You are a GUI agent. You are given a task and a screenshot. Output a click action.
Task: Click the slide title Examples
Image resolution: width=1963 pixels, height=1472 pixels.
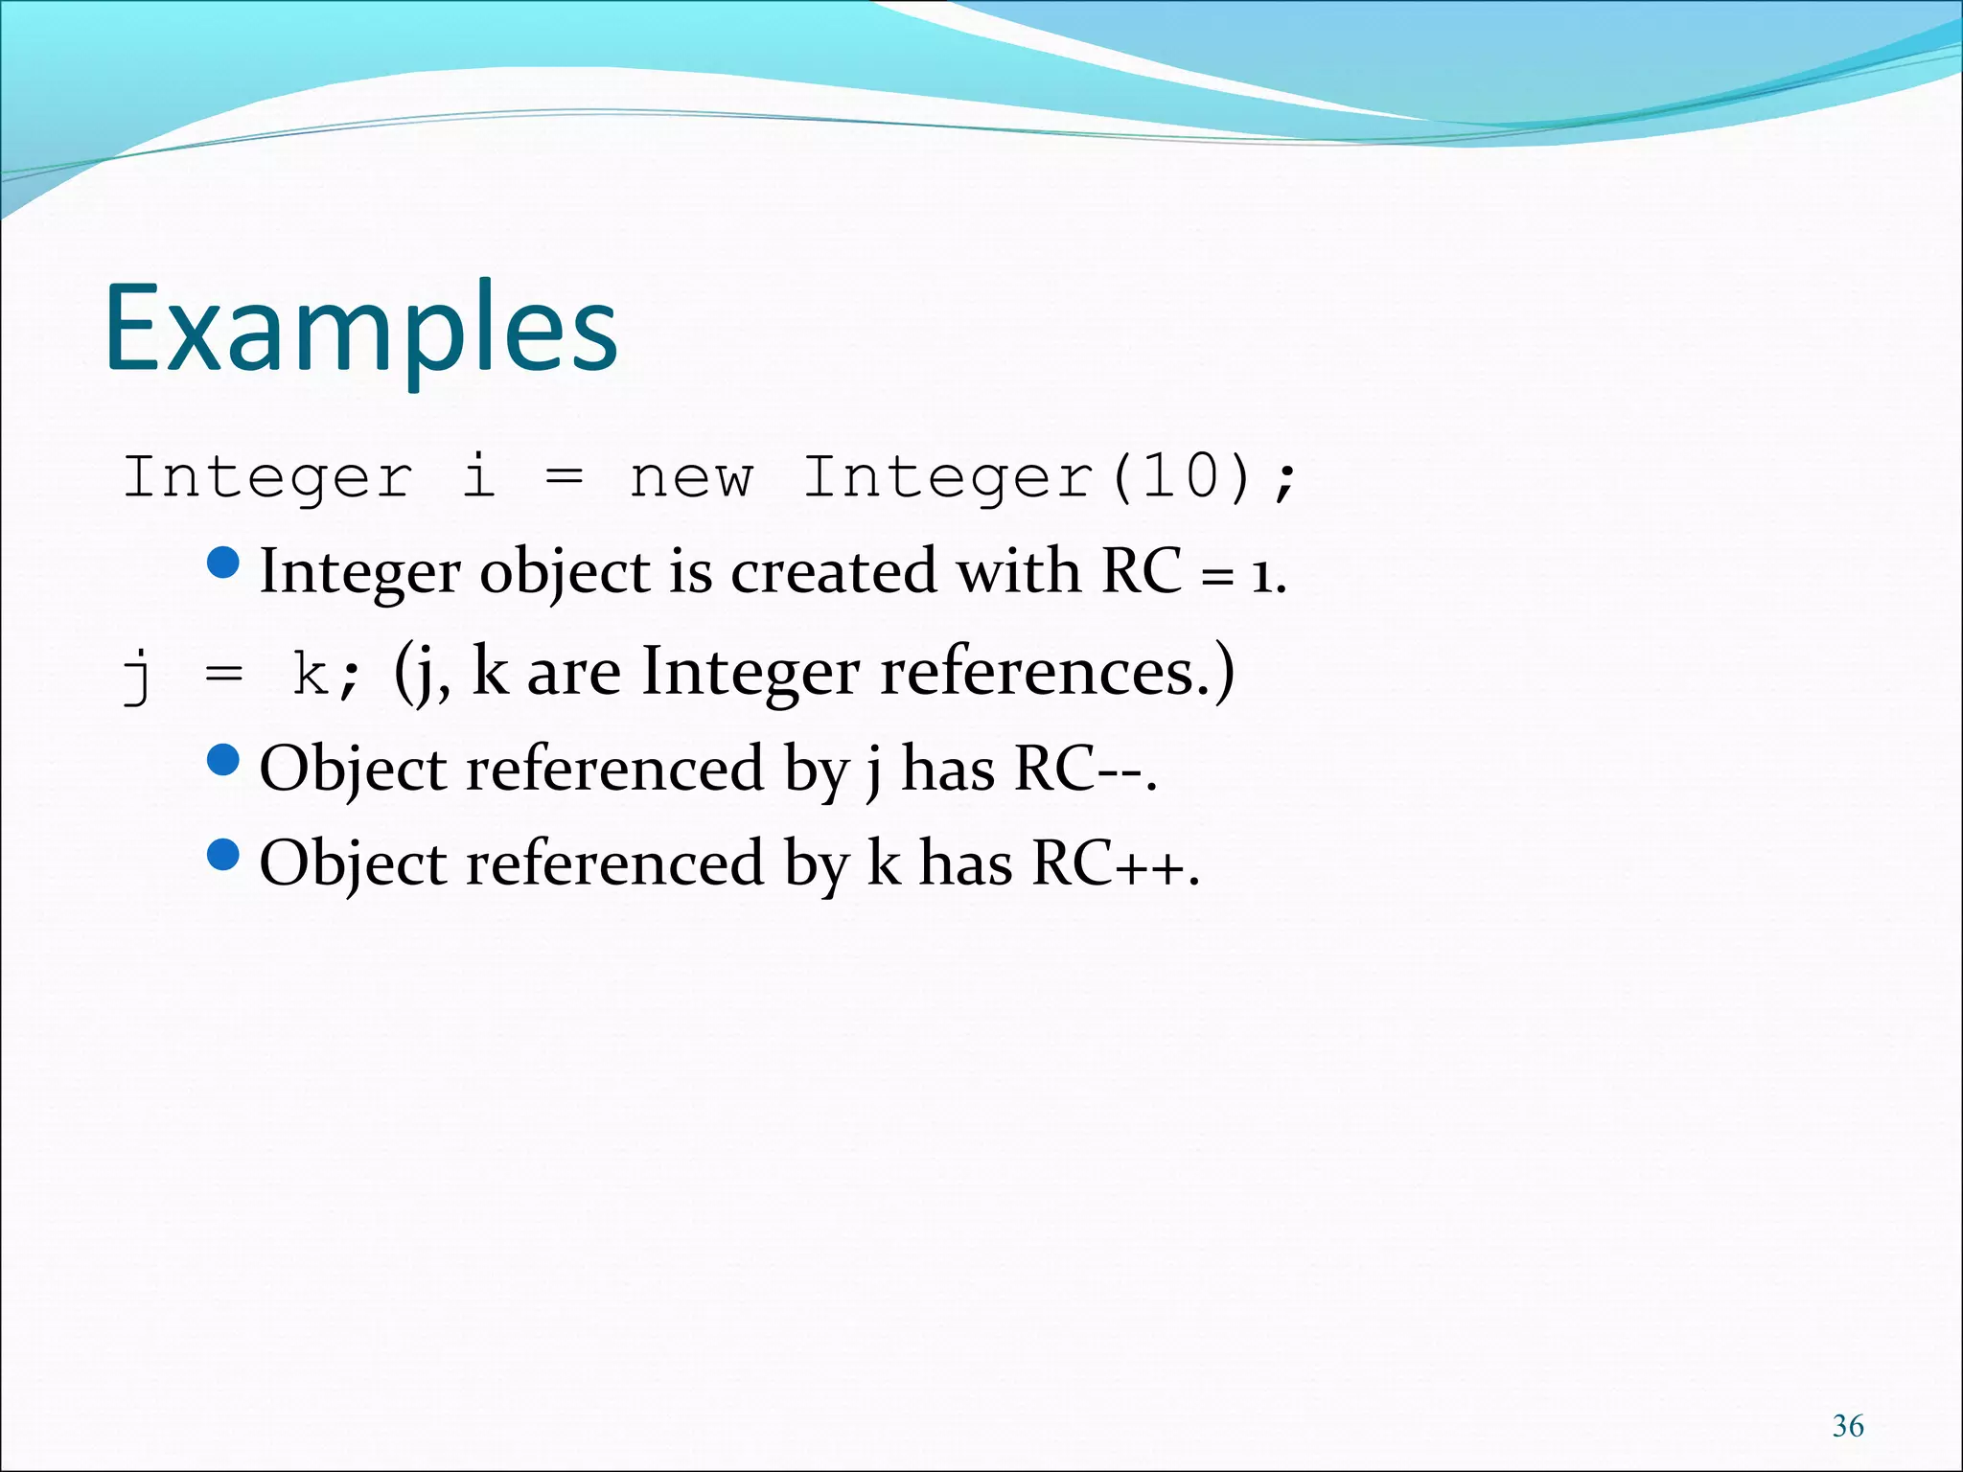360,328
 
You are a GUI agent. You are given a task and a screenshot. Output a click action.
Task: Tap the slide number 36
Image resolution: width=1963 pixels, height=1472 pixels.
1847,1426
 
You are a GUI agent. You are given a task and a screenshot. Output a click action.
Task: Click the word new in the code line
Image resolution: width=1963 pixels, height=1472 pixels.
691,477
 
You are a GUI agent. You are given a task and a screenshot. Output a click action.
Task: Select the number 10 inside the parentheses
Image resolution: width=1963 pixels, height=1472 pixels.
1179,476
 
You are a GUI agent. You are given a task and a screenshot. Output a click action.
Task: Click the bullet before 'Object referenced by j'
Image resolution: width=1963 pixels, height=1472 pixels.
223,761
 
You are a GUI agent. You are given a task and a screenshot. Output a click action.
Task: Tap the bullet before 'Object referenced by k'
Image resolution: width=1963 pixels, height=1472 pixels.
223,855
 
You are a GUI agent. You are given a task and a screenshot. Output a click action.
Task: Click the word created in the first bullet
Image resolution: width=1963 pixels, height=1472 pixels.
833,572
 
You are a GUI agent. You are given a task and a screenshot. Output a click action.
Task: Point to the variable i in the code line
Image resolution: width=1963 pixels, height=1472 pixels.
478,476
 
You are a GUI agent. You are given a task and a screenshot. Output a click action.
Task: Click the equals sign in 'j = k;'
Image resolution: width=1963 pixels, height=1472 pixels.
223,675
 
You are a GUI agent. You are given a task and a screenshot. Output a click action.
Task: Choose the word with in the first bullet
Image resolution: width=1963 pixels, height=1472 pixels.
1019,572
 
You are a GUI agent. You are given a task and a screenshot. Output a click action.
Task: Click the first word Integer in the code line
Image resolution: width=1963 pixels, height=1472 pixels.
267,478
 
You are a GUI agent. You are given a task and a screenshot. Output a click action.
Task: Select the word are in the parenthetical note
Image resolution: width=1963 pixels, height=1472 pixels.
572,673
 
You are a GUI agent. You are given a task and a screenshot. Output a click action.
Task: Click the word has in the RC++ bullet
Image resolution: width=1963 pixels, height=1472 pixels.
965,862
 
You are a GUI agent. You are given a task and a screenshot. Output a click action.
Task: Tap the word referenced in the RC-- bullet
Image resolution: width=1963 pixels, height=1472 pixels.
614,769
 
